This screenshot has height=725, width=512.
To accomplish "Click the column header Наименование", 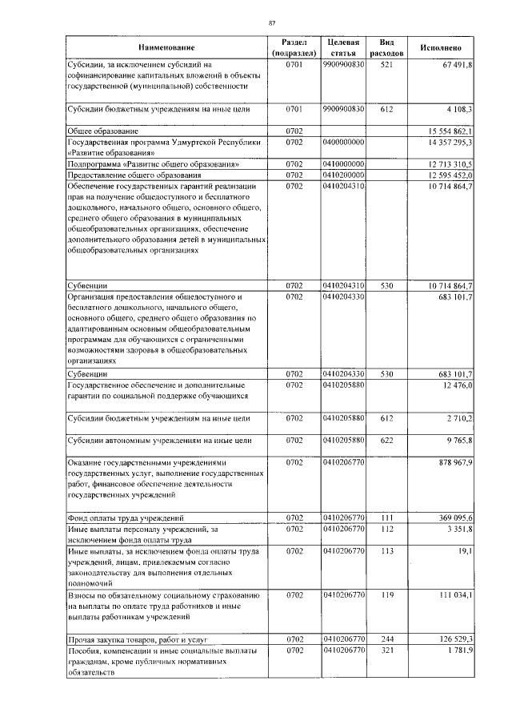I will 166,47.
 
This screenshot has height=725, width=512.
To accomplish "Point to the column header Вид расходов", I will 386,46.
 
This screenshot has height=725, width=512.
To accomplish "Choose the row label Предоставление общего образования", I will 132,175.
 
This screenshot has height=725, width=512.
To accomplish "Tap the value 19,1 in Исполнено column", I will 466,551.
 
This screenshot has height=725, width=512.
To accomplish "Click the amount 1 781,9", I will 458,650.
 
